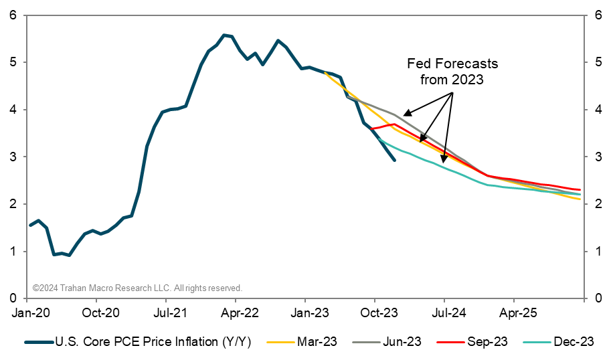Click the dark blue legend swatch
coord(39,342)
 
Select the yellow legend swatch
coord(280,342)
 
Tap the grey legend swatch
coord(366,342)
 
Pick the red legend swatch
coord(450,342)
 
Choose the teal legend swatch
coord(537,342)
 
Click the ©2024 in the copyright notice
coord(45,288)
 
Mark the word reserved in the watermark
coord(225,288)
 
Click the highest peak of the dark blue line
coord(224,34)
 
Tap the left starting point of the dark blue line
coord(29,226)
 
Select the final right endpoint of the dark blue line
coord(395,161)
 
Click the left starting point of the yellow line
coord(325,72)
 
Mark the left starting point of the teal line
coord(379,139)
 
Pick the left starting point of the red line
coord(371,128)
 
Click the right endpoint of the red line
coord(580,190)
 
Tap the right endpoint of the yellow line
coord(580,199)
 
